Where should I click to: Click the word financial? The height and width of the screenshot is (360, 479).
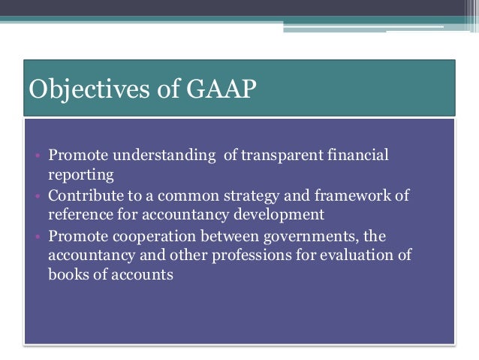pos(358,156)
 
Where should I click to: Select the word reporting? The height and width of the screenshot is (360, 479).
pos(80,175)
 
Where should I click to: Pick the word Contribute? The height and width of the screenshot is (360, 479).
pos(83,195)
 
